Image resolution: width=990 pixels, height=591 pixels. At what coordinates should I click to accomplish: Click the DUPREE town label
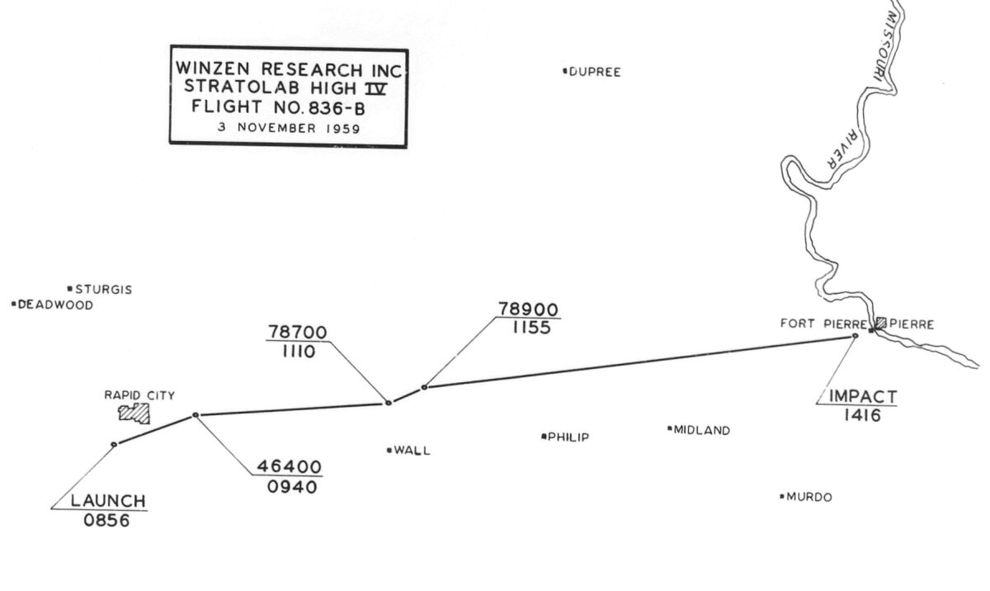(594, 72)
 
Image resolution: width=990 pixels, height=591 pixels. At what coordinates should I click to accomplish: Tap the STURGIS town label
(103, 290)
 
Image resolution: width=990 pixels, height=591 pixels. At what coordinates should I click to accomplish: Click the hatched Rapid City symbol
(134, 412)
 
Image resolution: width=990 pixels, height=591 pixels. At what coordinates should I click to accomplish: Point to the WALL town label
(412, 451)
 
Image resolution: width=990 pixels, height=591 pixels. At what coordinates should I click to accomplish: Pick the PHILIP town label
(568, 437)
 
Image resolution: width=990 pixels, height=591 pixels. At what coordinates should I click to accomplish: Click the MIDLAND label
(701, 430)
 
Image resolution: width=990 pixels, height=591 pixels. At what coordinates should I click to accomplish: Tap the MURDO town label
(808, 497)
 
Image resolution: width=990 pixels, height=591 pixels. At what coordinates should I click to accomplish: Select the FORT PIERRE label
(823, 324)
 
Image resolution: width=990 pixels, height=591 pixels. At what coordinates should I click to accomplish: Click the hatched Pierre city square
(881, 324)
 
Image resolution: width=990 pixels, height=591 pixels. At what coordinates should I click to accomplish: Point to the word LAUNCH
(108, 500)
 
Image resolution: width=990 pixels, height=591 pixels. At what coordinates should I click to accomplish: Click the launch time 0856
(106, 521)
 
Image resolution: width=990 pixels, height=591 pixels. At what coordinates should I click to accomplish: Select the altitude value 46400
(289, 466)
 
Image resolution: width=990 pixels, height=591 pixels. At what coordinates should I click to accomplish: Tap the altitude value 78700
(297, 332)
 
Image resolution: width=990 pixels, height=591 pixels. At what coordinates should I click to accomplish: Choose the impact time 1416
(862, 415)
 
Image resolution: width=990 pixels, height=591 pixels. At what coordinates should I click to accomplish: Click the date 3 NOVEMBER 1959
(289, 128)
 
